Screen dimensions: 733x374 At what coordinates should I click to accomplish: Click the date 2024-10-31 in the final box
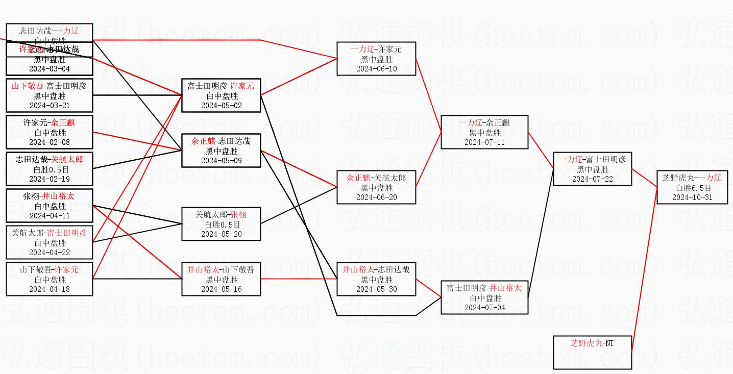tap(692, 197)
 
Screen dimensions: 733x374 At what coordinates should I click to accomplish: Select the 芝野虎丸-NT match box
tap(592, 352)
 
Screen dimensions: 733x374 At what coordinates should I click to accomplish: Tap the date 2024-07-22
tap(592, 179)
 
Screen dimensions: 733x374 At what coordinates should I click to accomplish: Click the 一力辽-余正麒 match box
tap(484, 132)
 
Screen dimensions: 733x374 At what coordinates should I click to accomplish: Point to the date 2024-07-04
tap(484, 308)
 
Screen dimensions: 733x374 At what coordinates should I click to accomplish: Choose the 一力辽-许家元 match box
tap(376, 59)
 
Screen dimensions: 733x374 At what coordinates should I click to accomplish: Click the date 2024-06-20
tap(376, 197)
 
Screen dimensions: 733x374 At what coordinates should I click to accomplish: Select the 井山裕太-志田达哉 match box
tap(376, 279)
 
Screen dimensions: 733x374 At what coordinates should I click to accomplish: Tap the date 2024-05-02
tap(222, 106)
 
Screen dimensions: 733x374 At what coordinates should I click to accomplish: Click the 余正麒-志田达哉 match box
tap(222, 151)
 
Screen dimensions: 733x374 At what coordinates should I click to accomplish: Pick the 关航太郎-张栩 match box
tap(222, 224)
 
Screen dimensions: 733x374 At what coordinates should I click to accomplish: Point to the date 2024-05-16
tap(222, 289)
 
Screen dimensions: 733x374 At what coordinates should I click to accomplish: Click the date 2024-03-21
tap(50, 106)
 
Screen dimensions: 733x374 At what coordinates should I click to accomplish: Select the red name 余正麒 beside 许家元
tap(64, 122)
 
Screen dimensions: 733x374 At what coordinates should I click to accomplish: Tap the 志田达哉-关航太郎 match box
tap(50, 169)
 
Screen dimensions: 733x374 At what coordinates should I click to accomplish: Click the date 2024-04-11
tap(50, 216)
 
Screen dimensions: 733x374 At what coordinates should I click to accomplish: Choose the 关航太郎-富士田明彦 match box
tap(50, 242)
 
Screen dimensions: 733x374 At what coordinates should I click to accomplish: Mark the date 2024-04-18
tap(50, 289)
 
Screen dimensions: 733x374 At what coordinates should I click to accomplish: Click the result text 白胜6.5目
tap(692, 188)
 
